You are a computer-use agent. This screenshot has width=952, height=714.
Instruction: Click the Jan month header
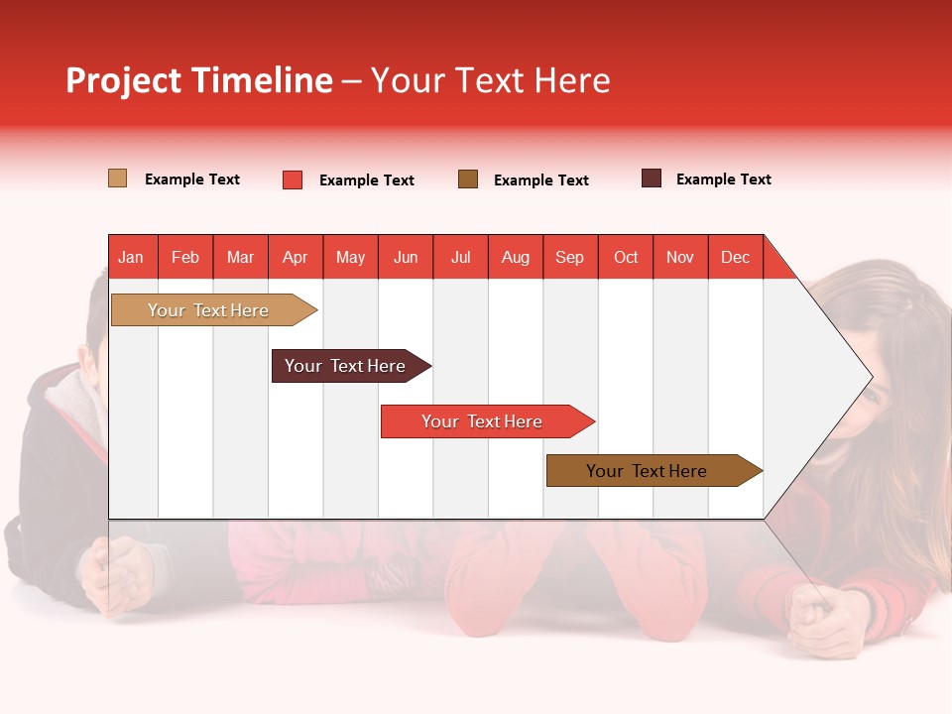[132, 257]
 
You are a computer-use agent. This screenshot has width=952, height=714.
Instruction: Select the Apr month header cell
[296, 257]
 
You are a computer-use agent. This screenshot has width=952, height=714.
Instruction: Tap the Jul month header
[460, 257]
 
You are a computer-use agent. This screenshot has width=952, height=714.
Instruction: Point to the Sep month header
[570, 257]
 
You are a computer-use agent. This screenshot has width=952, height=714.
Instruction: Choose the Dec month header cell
[735, 257]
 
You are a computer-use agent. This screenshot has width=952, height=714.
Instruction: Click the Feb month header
[185, 257]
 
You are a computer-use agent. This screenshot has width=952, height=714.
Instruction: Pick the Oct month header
[626, 257]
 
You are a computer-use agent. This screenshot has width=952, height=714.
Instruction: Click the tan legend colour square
[117, 178]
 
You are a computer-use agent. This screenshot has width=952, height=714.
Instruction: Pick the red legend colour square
[293, 179]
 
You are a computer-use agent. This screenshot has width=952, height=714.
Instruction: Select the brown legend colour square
[468, 179]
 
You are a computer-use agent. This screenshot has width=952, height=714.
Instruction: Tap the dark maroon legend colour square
[652, 178]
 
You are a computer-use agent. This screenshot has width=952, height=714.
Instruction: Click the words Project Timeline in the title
[198, 80]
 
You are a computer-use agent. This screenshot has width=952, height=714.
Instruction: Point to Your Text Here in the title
[490, 80]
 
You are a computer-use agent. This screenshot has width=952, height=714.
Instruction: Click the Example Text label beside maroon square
[723, 179]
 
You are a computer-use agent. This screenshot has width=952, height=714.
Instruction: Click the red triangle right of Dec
[776, 264]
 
